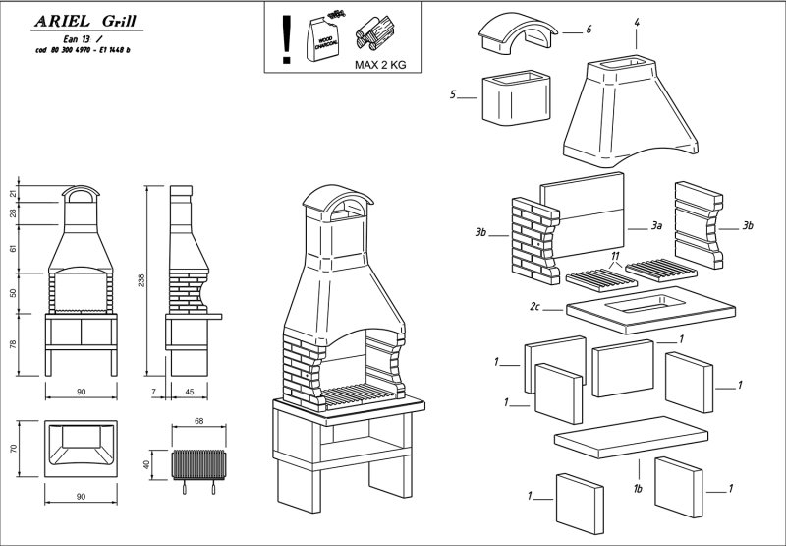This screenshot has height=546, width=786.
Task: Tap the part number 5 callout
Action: pos(454,95)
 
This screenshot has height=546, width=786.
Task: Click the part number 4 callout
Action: pos(637,21)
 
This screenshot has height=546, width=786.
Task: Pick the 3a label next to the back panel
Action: pos(657,226)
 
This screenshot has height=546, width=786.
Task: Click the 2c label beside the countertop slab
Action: pos(535,307)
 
